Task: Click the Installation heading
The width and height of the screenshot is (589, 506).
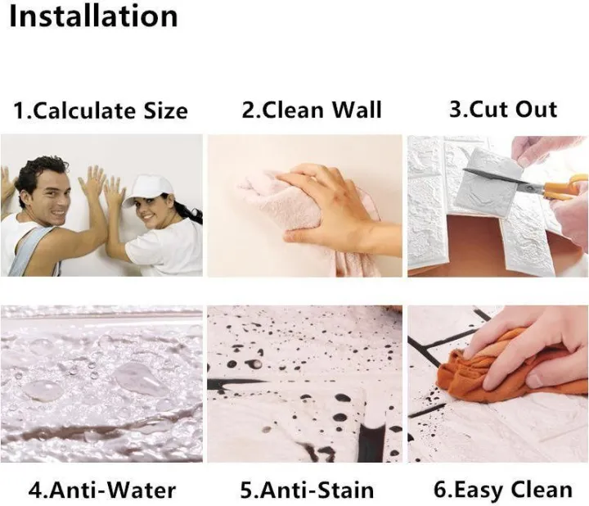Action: coord(92,16)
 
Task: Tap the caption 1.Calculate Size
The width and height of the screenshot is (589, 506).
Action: coord(101,111)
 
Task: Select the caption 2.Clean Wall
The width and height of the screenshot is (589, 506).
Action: coord(312,110)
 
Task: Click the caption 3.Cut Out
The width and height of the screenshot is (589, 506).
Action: coord(503,110)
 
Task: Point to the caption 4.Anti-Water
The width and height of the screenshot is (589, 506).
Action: coord(102,490)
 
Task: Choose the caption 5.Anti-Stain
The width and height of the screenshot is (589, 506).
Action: coord(307,490)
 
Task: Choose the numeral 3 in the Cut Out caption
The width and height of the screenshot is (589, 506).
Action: coord(455,110)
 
